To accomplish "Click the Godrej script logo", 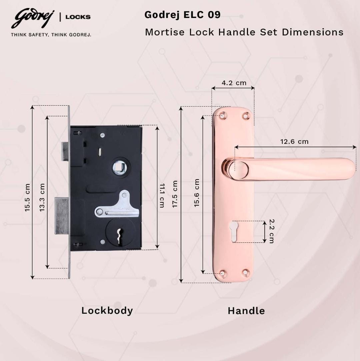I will [32, 19].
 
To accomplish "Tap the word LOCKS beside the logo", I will [78, 17].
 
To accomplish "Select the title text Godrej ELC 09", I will [182, 15].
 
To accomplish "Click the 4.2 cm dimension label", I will [234, 83].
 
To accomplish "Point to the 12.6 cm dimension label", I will [294, 142].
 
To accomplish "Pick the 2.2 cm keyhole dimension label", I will [271, 231].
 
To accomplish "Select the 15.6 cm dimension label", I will [197, 193].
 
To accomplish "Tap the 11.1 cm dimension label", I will [162, 195].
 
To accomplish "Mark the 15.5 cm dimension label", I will [27, 197].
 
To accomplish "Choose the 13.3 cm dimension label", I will [42, 197].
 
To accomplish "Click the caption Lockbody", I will [107, 311].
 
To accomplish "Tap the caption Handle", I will [246, 311].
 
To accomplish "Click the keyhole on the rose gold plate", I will [234, 230].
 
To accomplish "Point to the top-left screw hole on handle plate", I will [222, 116].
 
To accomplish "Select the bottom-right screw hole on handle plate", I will [246, 273].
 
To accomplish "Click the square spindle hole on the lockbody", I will [120, 167].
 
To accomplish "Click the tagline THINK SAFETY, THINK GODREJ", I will [51, 34].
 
